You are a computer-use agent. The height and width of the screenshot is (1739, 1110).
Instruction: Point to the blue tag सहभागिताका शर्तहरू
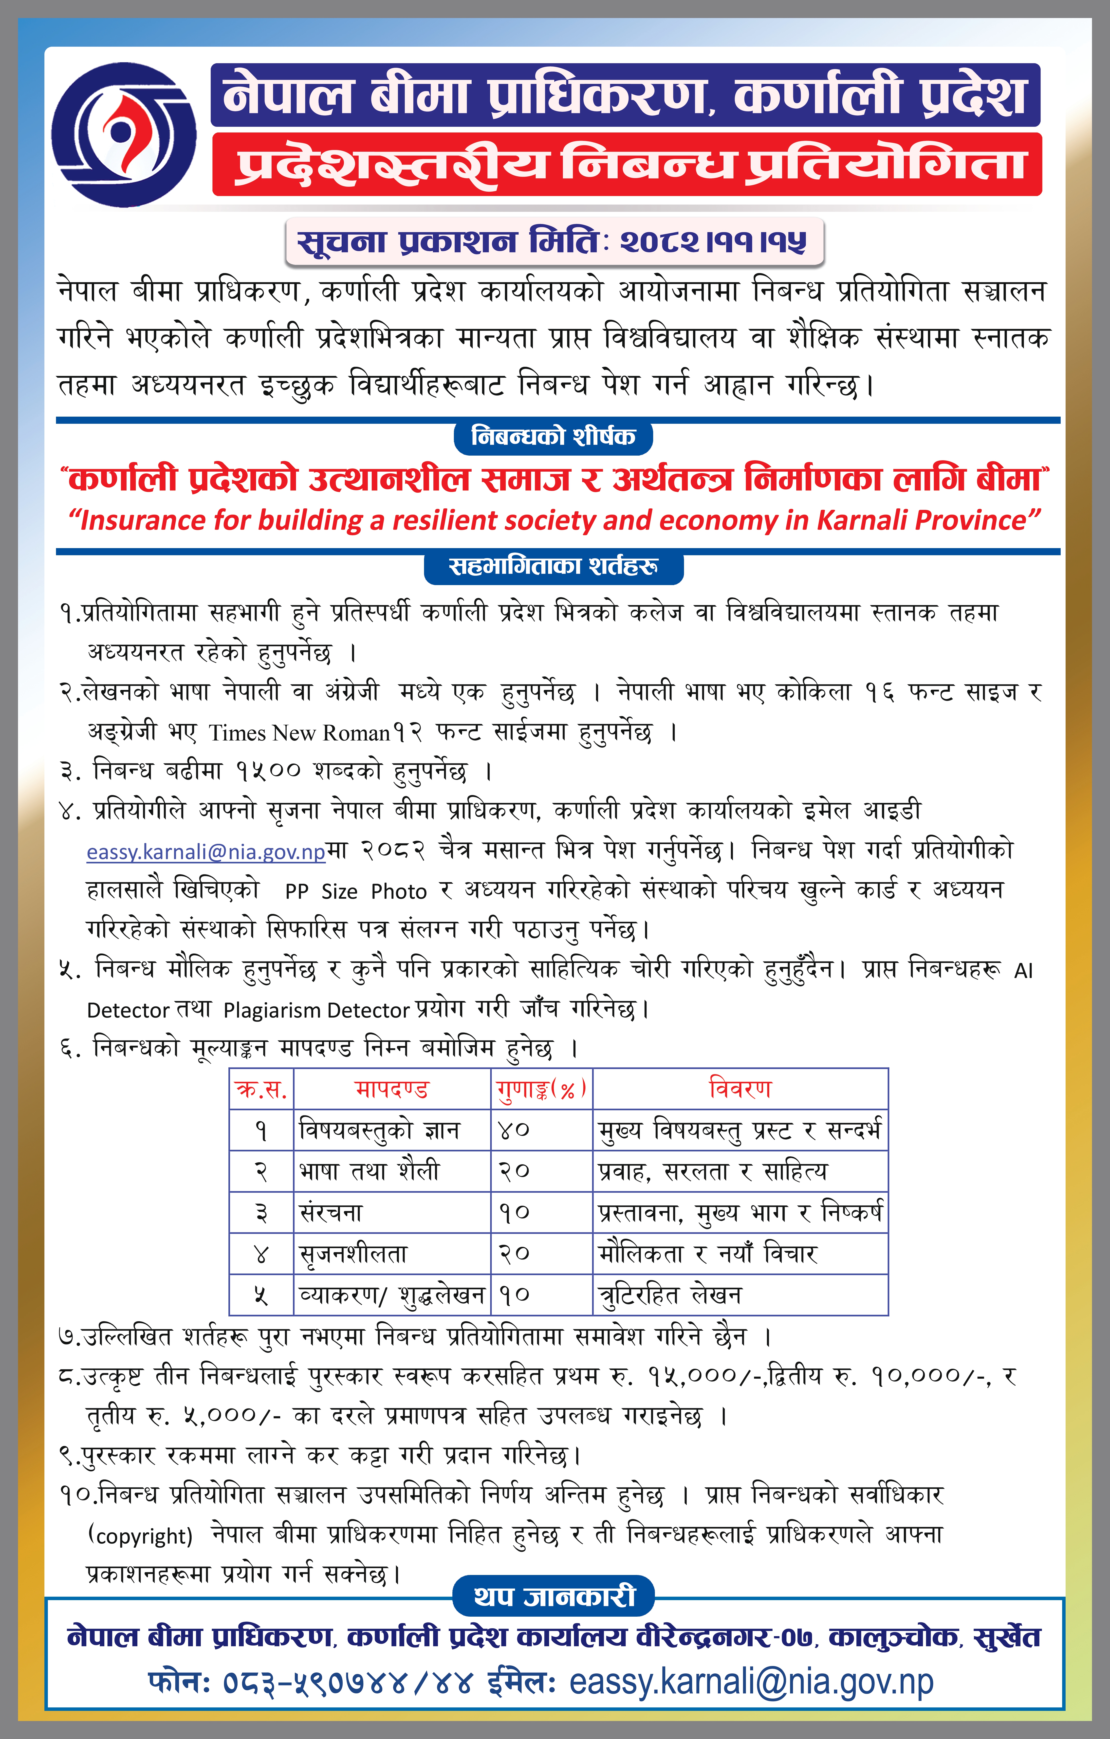[x=553, y=566]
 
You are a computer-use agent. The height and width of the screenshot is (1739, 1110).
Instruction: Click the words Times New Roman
[x=299, y=733]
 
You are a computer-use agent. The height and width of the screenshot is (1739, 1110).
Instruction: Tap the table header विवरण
[x=740, y=1089]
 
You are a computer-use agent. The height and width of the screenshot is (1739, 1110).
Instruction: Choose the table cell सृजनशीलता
[x=354, y=1254]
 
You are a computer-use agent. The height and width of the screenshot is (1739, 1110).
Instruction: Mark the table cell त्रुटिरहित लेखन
[x=670, y=1295]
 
